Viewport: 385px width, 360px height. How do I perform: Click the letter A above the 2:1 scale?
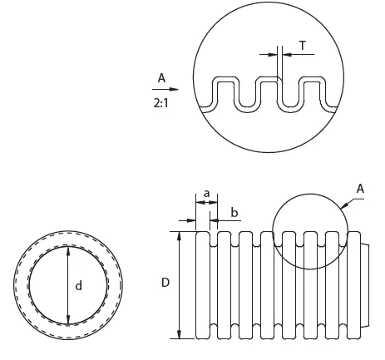tap(160, 78)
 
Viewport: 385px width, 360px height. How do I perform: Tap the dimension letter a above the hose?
tap(206, 193)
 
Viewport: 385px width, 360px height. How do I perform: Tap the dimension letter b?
tap(234, 213)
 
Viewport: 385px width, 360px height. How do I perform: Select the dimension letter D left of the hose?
tap(165, 283)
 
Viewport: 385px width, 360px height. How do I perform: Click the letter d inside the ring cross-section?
tap(79, 285)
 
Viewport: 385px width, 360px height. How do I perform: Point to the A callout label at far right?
tap(360, 189)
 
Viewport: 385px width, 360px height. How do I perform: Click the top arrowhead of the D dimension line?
tap(180, 235)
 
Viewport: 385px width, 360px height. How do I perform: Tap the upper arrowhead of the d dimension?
tap(67, 250)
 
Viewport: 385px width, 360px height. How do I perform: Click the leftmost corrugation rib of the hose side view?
tap(200, 283)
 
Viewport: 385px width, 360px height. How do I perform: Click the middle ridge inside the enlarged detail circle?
tap(268, 91)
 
